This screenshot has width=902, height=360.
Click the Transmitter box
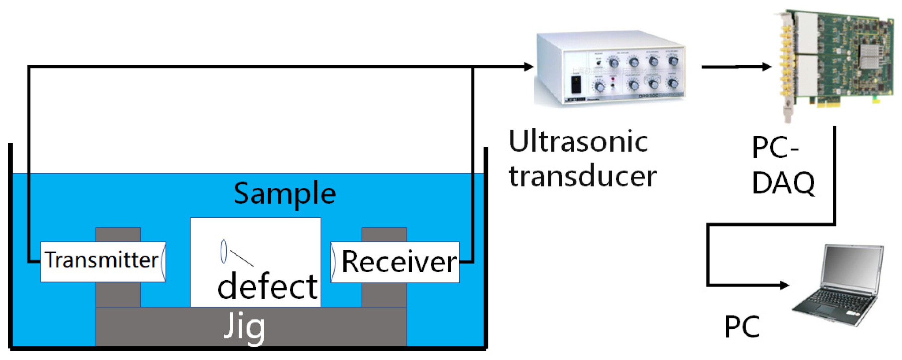coord(103,262)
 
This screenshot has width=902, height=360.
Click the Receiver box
coord(395,262)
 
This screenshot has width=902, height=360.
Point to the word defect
coord(268,286)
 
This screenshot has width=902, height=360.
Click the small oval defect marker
coord(224,251)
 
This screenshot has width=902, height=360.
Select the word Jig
coord(244,327)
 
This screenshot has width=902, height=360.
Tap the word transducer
coord(583,175)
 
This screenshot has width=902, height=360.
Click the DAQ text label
coord(783,182)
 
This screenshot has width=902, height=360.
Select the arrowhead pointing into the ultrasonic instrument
coord(528,66)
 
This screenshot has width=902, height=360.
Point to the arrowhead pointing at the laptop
coord(784,285)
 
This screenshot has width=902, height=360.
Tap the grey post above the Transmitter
coord(118,235)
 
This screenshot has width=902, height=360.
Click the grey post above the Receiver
coord(384,235)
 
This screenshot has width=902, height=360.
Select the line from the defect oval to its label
coord(242,258)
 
